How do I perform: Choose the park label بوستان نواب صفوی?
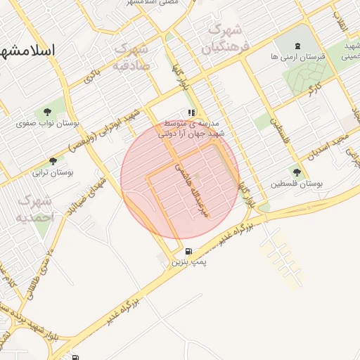[48, 123]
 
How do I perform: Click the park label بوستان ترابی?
[53, 172]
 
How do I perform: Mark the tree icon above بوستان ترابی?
[53, 161]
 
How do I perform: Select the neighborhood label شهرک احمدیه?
[35, 210]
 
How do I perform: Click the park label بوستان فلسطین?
[297, 184]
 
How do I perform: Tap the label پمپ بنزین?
[189, 262]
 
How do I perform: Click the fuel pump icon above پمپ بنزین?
[188, 252]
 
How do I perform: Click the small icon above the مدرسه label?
[191, 112]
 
